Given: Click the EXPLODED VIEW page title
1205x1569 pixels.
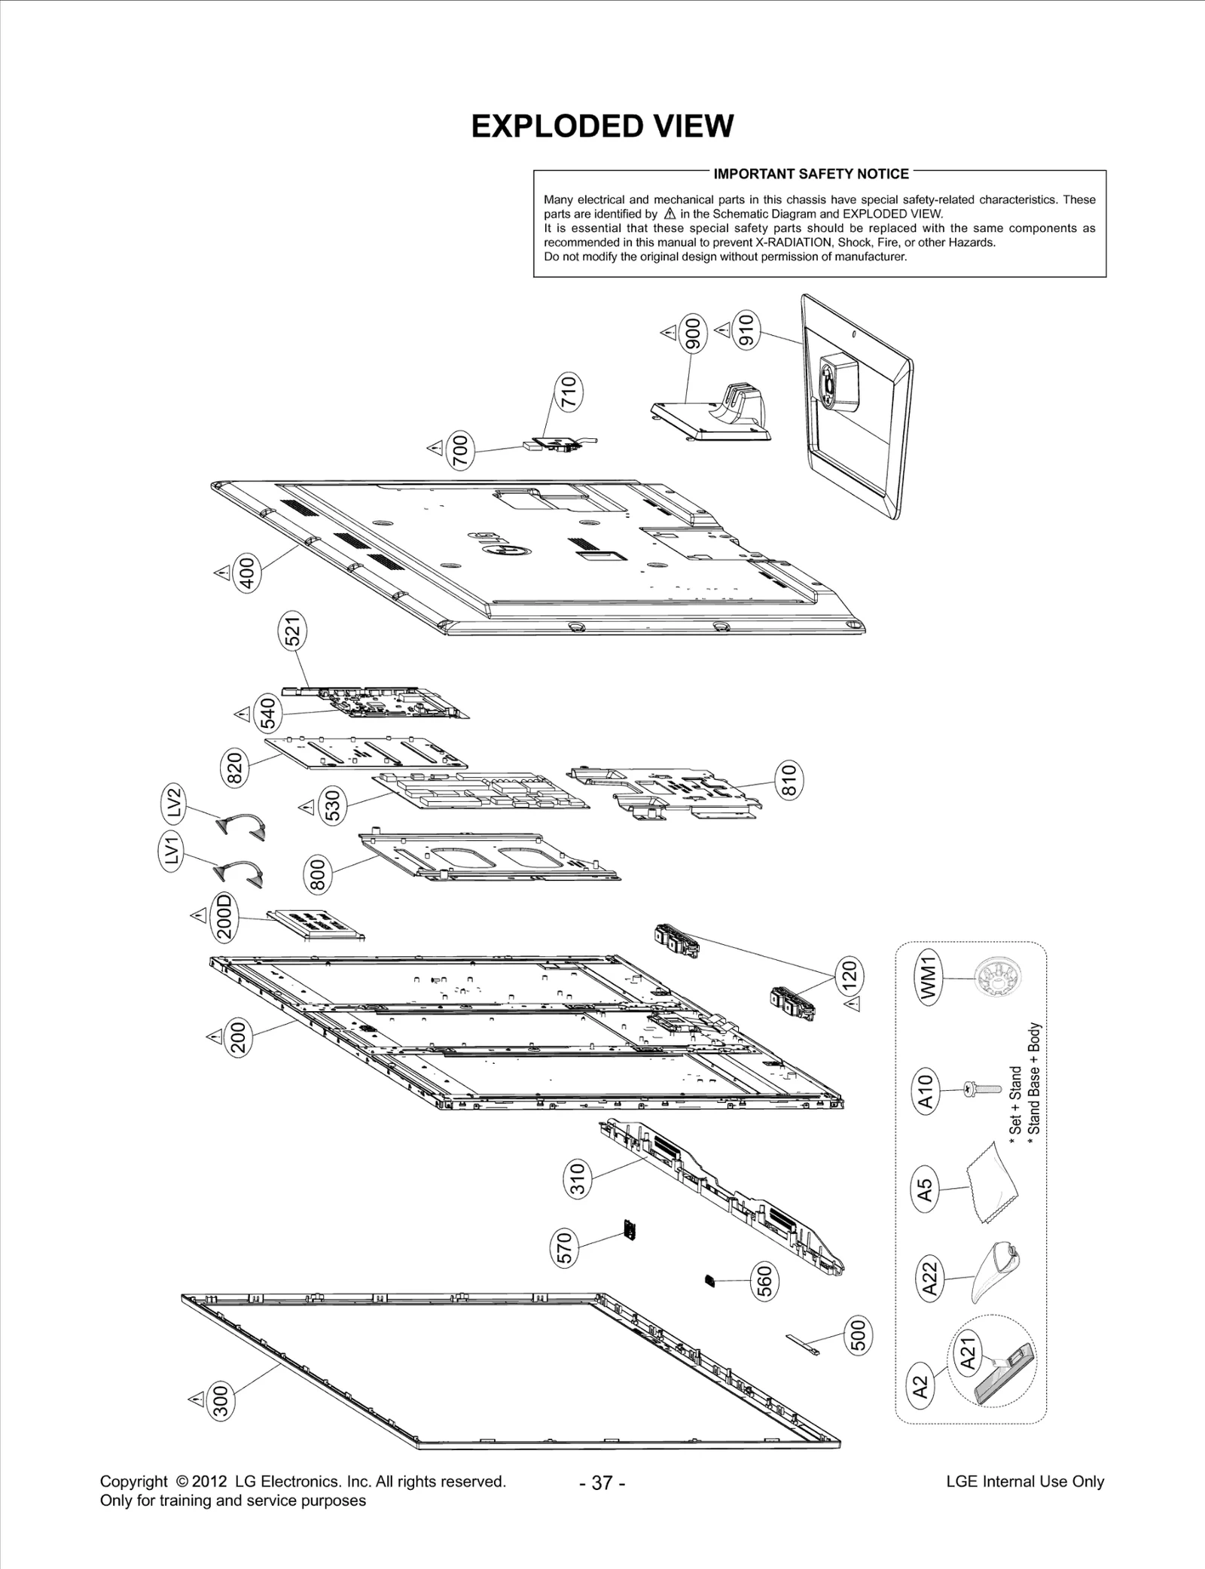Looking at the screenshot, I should tap(602, 126).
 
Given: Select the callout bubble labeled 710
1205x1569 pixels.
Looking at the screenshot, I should tap(569, 391).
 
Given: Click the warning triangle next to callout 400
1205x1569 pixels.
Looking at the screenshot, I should tap(221, 574).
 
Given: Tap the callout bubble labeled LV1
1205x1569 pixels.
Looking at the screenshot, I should tap(174, 852).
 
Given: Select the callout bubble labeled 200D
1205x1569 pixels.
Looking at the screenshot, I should tap(224, 916).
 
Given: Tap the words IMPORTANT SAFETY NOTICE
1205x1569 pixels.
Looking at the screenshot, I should tap(811, 174).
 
